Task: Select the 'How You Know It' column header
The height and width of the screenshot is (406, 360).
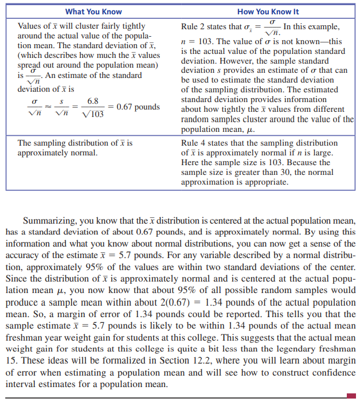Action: point(268,11)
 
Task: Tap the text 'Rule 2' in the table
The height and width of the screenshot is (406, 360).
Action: point(194,27)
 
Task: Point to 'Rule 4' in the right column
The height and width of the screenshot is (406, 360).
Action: point(194,143)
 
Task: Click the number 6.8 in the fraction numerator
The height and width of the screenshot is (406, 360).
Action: point(92,101)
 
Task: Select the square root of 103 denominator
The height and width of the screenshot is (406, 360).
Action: point(93,114)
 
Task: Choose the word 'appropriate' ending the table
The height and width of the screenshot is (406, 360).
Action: point(263,182)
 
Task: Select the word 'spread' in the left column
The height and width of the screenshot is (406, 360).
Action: point(30,65)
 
